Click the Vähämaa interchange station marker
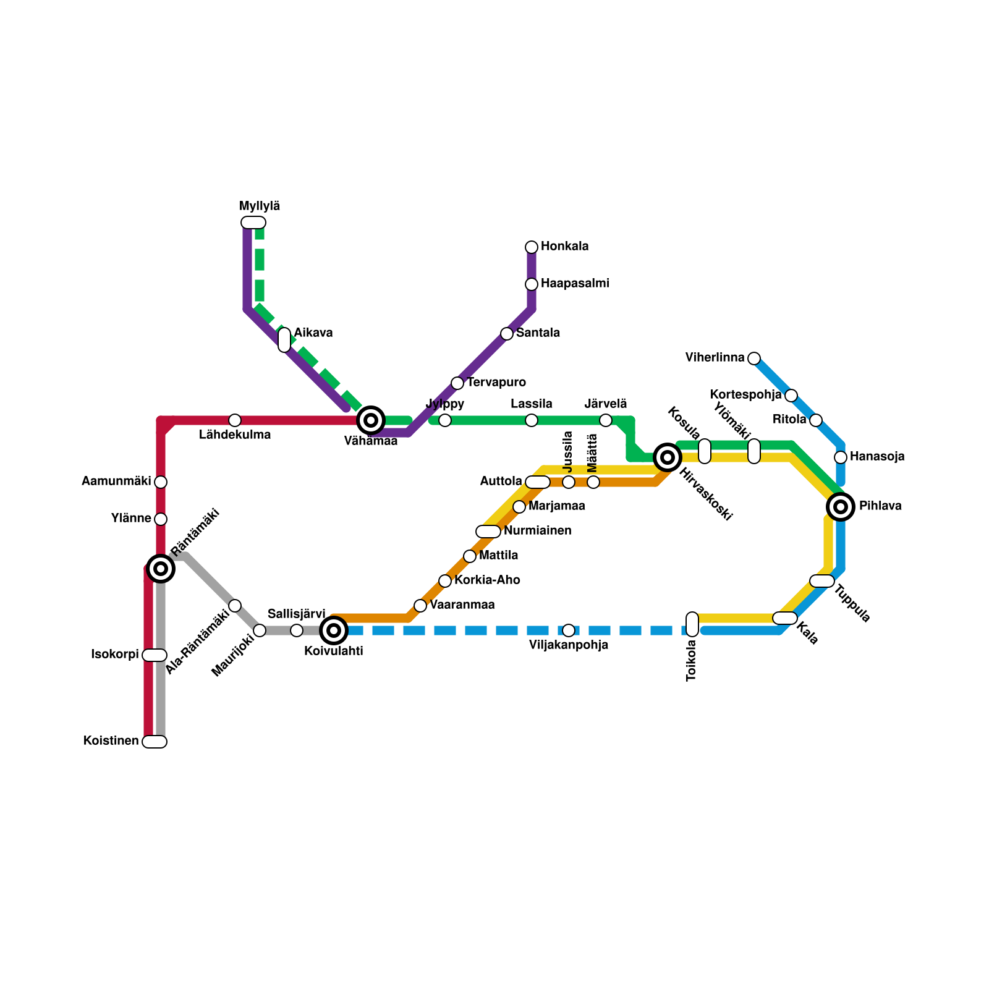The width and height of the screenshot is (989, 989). pyautogui.click(x=371, y=420)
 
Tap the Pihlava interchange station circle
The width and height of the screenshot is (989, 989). pyautogui.click(x=841, y=507)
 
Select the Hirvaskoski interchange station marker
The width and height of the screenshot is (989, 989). pyautogui.click(x=668, y=457)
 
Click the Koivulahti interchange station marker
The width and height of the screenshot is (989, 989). pyautogui.click(x=334, y=630)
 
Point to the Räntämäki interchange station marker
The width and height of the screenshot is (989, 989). pyautogui.click(x=161, y=569)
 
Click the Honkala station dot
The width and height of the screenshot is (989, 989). pyautogui.click(x=532, y=247)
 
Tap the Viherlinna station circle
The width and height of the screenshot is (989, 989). pyautogui.click(x=754, y=359)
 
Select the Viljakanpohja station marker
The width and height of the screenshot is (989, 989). pyautogui.click(x=569, y=630)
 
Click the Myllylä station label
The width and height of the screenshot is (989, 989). pyautogui.click(x=260, y=206)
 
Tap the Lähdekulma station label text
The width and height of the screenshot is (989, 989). pyautogui.click(x=235, y=435)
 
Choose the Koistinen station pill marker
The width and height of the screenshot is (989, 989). pyautogui.click(x=155, y=742)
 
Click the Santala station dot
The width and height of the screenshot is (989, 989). pyautogui.click(x=507, y=334)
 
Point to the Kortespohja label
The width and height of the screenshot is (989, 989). pyautogui.click(x=745, y=395)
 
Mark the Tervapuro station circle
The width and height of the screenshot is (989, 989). pyautogui.click(x=457, y=383)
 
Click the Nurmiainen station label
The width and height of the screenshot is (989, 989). pyautogui.click(x=537, y=531)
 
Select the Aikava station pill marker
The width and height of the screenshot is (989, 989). pyautogui.click(x=284, y=340)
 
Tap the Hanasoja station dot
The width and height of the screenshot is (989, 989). pyautogui.click(x=841, y=457)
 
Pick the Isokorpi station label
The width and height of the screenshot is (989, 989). pyautogui.click(x=115, y=655)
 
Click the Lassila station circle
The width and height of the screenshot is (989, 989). pyautogui.click(x=532, y=420)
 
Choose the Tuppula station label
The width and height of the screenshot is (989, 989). pyautogui.click(x=852, y=604)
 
